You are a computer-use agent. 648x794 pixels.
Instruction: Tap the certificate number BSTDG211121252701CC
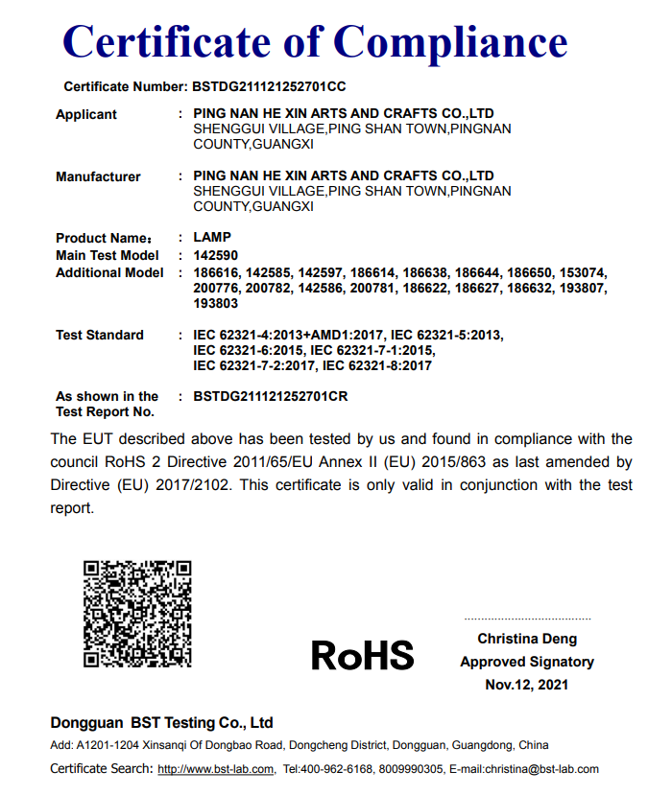point(269,86)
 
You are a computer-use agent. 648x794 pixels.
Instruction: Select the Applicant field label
point(86,115)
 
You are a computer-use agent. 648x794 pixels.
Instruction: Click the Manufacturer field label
point(98,176)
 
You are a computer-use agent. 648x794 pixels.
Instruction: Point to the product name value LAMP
point(212,237)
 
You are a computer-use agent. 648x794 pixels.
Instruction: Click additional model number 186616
point(215,273)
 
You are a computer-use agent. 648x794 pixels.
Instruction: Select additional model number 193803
point(215,303)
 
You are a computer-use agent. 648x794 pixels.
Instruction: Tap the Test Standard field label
point(100,335)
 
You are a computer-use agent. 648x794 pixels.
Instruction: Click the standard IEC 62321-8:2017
point(377,365)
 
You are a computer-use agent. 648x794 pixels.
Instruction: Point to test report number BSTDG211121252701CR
point(271,396)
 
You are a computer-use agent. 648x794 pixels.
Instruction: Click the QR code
point(136,614)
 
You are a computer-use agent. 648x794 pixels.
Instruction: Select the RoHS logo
point(362,656)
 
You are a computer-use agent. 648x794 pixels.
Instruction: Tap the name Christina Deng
point(527,639)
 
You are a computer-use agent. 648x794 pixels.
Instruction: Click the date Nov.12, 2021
point(527,685)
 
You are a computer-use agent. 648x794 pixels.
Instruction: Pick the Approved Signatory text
point(527,662)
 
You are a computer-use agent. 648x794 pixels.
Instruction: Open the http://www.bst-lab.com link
point(216,769)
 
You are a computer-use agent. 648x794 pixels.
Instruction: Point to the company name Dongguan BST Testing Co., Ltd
point(161,723)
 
